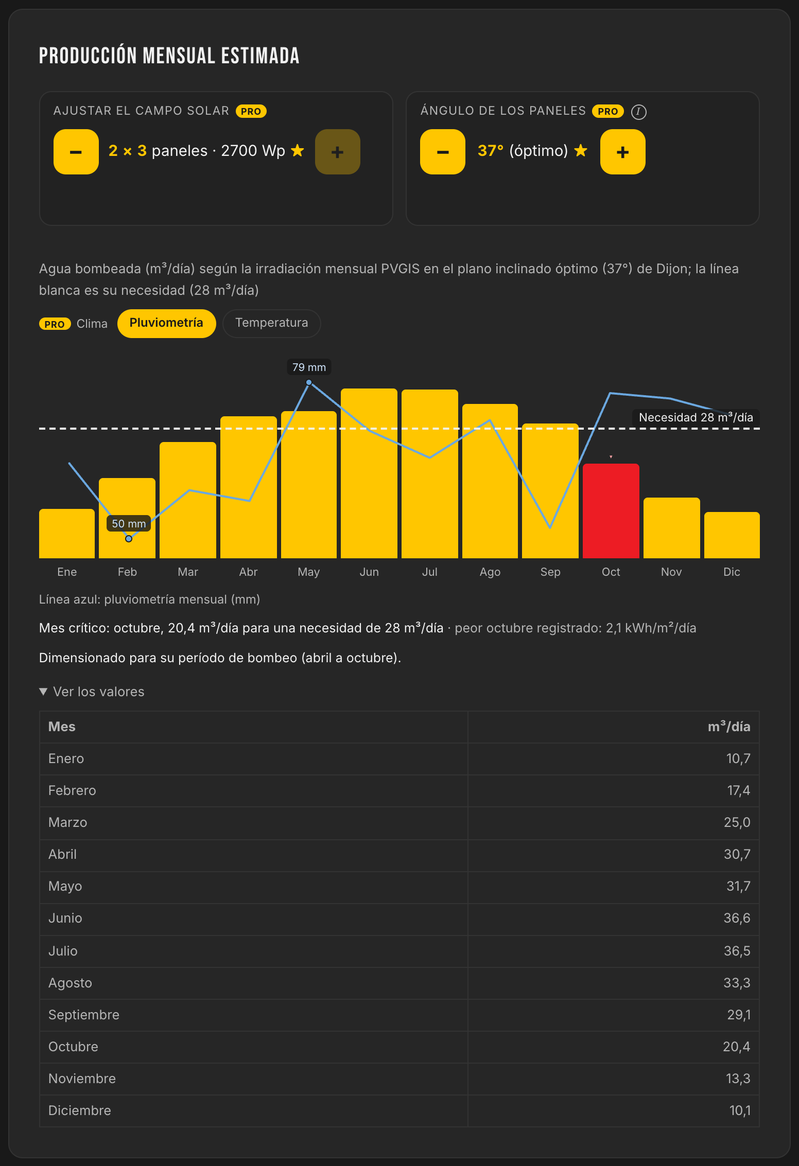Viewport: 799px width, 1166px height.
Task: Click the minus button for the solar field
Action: click(76, 152)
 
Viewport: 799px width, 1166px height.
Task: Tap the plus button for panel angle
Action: click(623, 152)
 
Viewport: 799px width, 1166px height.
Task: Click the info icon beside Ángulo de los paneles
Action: click(639, 112)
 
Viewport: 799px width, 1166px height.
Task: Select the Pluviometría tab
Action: click(166, 323)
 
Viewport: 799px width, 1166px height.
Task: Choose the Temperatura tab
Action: click(272, 323)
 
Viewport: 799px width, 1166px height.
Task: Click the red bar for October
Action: click(611, 511)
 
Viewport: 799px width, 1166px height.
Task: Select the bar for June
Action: click(369, 473)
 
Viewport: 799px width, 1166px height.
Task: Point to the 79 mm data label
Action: click(309, 367)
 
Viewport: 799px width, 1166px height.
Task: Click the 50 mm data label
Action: click(129, 524)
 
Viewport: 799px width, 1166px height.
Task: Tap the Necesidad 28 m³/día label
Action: click(696, 417)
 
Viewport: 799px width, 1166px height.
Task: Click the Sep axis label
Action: click(550, 572)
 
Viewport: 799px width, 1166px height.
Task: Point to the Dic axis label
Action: click(732, 572)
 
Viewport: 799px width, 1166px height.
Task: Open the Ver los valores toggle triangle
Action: click(44, 692)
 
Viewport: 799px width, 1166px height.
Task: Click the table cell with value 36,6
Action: click(737, 918)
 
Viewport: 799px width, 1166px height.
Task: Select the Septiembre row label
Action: click(84, 1015)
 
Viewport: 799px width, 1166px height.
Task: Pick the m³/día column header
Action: click(729, 727)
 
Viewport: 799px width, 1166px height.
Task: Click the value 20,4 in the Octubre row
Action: click(736, 1047)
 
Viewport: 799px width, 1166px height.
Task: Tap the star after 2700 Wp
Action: click(298, 150)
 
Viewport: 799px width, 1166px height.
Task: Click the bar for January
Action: click(67, 534)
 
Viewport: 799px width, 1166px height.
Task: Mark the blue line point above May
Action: click(309, 382)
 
